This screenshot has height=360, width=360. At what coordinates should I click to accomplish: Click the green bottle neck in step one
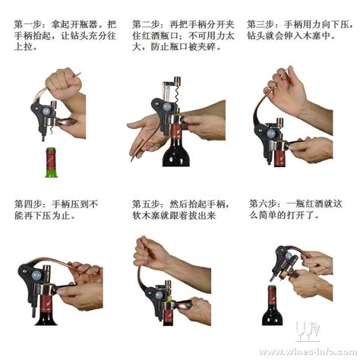pyautogui.click(x=52, y=163)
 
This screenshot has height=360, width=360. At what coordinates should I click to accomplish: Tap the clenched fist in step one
pyautogui.click(x=64, y=81)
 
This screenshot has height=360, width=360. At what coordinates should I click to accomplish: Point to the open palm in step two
pyautogui.click(x=147, y=135)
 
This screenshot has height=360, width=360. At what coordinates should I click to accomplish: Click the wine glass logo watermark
pyautogui.click(x=307, y=331)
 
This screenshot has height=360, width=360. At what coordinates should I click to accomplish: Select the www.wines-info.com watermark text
pyautogui.click(x=308, y=352)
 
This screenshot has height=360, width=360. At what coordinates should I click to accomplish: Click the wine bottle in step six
pyautogui.click(x=272, y=305)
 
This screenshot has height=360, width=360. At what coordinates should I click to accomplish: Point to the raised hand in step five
pyautogui.click(x=151, y=253)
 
